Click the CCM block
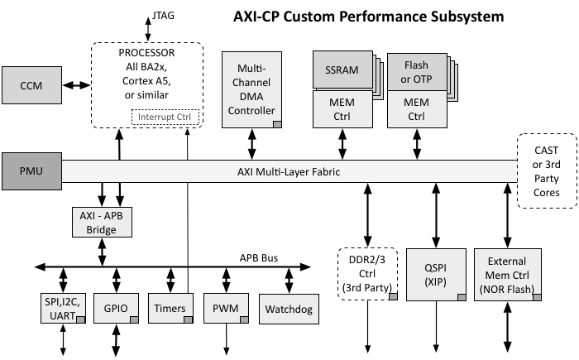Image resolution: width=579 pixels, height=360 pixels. [31, 84]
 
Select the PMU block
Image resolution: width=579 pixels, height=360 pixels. [31, 171]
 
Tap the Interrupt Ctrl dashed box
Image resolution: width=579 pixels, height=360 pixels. [165, 116]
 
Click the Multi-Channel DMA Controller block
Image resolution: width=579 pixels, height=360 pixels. [251, 89]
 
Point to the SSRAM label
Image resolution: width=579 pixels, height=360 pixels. [342, 70]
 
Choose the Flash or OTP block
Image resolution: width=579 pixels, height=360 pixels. [415, 71]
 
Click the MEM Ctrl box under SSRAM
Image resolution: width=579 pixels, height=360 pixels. [342, 108]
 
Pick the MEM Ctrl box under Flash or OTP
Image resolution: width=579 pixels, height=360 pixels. [415, 108]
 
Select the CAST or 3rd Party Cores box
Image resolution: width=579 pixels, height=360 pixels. [546, 171]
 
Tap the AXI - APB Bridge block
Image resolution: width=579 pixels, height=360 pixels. [102, 222]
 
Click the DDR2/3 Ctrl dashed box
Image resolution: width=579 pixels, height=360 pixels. [369, 273]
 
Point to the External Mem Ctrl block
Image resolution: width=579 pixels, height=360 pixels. [507, 273]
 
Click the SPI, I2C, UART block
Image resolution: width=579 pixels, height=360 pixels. [62, 307]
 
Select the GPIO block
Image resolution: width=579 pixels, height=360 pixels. [115, 308]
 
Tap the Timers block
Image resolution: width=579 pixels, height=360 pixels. [170, 308]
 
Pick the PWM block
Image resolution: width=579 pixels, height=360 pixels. [225, 308]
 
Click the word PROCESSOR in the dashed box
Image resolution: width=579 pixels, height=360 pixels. [147, 53]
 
